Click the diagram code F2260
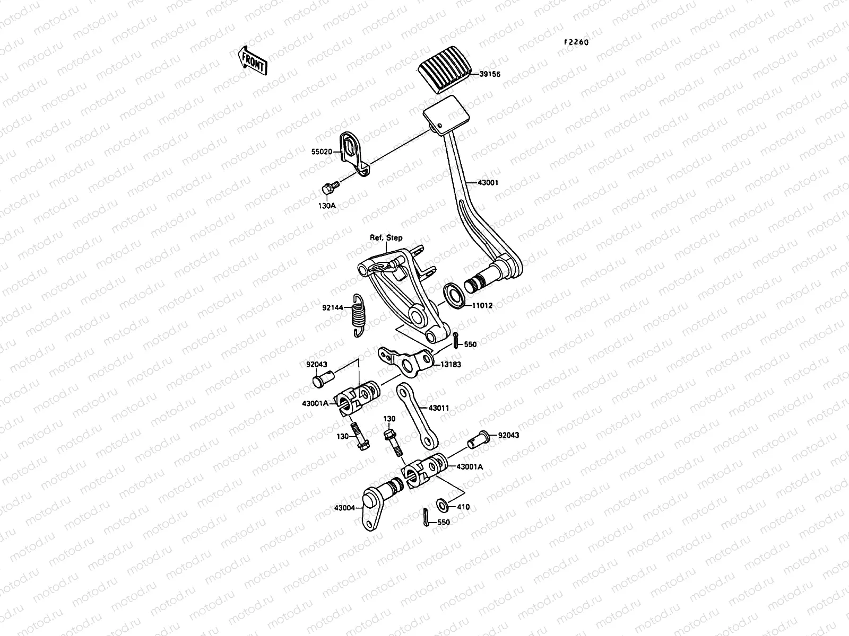coord(576,43)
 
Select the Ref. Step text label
coord(386,238)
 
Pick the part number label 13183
coord(450,364)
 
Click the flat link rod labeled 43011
coord(418,413)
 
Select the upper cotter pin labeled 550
coord(456,340)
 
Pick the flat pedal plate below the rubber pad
coord(447,113)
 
